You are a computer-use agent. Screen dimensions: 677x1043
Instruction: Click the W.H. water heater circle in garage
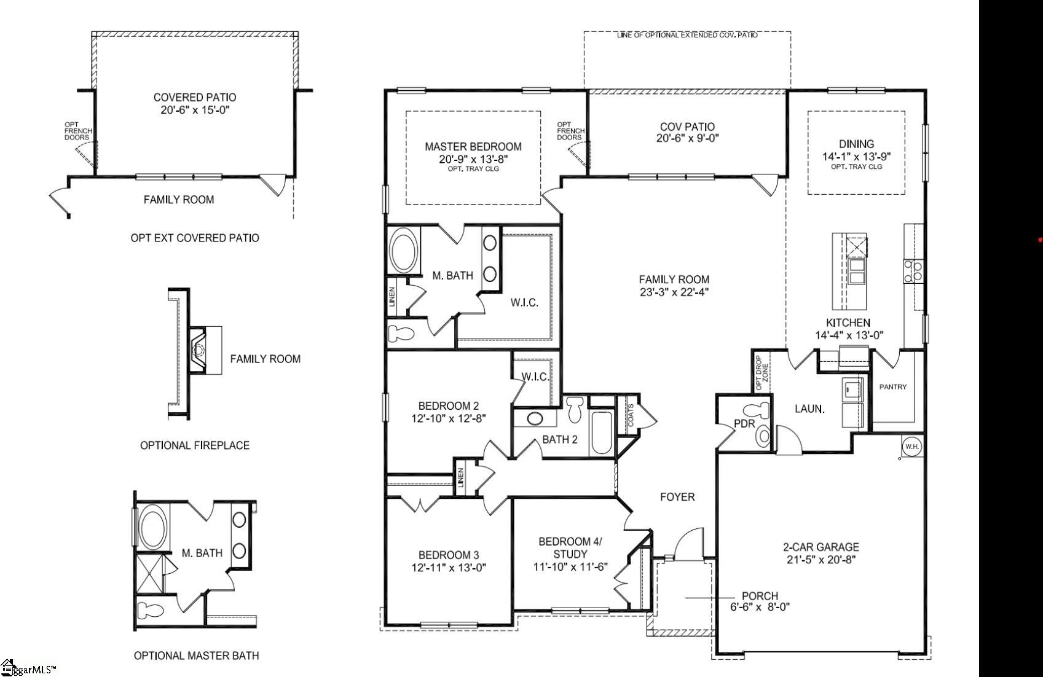(911, 447)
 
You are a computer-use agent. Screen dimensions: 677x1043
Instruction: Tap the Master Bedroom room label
(473, 147)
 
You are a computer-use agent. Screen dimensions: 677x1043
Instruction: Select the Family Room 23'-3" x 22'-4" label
(674, 286)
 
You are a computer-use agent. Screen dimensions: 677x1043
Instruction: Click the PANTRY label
(892, 387)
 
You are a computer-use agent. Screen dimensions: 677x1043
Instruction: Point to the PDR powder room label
(744, 424)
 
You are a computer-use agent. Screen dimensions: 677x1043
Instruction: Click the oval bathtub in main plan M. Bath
(404, 251)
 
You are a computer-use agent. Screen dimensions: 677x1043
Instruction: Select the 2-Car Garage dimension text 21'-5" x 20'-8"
(821, 560)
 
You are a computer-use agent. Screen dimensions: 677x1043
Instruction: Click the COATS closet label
(631, 415)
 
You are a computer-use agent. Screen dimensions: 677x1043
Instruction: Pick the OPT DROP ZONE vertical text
(762, 373)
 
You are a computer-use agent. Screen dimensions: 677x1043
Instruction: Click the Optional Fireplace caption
(195, 445)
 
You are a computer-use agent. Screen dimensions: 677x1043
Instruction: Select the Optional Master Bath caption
(196, 655)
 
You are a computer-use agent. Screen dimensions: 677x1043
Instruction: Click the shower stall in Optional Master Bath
(149, 573)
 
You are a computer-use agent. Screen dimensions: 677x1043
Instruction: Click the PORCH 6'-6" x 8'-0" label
(760, 601)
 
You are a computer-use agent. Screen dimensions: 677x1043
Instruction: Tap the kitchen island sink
(856, 270)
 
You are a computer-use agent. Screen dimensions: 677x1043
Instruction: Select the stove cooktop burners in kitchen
(911, 271)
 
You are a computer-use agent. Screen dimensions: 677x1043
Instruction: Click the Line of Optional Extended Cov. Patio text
(687, 35)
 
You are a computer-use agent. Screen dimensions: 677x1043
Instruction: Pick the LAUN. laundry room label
(809, 409)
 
